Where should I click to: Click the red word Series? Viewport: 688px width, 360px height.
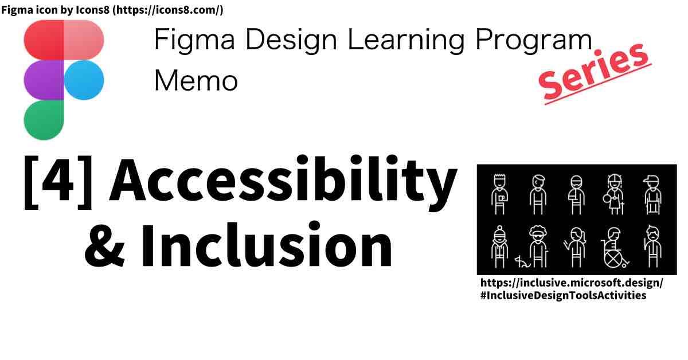tap(595, 72)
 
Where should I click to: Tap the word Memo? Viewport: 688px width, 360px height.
tap(196, 80)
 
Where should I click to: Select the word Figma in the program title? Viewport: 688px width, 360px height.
tap(194, 41)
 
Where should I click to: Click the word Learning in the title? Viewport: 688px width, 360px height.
tap(406, 41)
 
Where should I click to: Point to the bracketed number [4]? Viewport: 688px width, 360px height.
tap(58, 182)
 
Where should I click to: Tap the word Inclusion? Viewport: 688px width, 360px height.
tap(267, 245)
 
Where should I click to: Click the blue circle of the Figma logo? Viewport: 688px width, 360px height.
tap(84, 80)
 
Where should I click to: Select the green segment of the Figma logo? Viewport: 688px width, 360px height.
tap(44, 120)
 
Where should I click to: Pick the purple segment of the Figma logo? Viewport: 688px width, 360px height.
tap(44, 80)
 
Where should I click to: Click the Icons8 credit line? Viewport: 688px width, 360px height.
tap(112, 10)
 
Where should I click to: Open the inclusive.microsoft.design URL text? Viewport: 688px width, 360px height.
tap(571, 283)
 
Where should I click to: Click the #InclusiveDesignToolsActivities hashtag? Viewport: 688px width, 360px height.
tap(563, 295)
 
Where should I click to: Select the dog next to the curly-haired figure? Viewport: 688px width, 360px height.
tap(522, 262)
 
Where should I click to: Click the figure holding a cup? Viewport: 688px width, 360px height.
tap(500, 194)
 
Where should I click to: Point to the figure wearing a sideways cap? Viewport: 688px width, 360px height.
tap(652, 195)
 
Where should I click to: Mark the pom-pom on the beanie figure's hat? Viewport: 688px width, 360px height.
tap(500, 229)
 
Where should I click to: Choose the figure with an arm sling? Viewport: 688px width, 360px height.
tap(576, 195)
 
